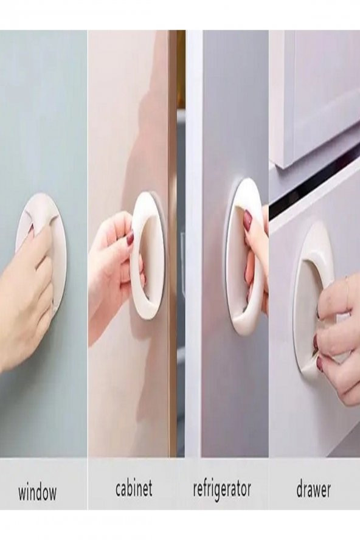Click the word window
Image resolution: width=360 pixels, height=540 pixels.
(x=37, y=493)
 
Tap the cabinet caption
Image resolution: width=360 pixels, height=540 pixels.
(x=133, y=488)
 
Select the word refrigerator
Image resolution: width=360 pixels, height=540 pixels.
(x=222, y=489)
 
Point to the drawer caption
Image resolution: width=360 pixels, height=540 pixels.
(x=313, y=489)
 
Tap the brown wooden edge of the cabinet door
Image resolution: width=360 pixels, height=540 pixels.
(x=173, y=241)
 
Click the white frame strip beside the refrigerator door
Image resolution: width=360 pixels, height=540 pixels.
(x=193, y=241)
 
